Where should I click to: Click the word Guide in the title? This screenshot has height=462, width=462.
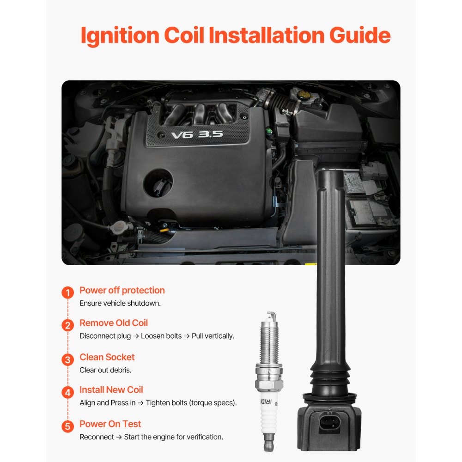[359, 36]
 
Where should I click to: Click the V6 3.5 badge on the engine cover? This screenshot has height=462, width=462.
[197, 134]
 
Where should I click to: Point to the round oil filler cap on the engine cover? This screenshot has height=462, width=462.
[158, 183]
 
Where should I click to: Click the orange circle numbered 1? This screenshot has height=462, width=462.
[68, 292]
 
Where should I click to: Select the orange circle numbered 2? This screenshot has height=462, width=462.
[68, 325]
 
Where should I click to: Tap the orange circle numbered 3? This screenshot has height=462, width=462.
[68, 360]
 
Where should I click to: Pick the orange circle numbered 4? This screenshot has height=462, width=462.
[68, 392]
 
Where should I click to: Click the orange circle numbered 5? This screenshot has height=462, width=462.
[68, 426]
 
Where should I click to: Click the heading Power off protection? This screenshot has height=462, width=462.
[122, 291]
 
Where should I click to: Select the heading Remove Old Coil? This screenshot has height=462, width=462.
[114, 323]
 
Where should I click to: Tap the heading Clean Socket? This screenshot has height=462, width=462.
[107, 357]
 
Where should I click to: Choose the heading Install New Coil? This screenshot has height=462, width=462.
[111, 390]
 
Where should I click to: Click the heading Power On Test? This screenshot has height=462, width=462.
[110, 424]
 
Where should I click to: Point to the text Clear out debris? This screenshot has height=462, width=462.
[105, 370]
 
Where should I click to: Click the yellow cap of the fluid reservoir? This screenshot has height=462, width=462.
[304, 95]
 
